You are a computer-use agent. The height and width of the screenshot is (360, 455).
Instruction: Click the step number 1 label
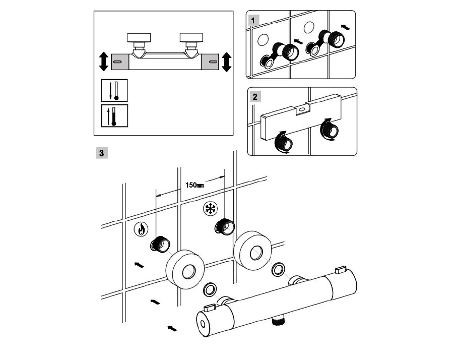click(x=254, y=20)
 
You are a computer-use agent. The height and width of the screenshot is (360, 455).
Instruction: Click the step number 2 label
click(x=255, y=97)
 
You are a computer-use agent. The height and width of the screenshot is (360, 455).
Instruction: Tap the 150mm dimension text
click(x=194, y=185)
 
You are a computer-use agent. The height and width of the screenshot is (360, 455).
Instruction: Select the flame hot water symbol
click(x=141, y=229)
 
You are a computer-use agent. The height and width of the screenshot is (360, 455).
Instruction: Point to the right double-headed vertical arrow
click(x=226, y=61)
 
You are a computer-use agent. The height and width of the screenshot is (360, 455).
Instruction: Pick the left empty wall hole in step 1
click(x=263, y=39)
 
